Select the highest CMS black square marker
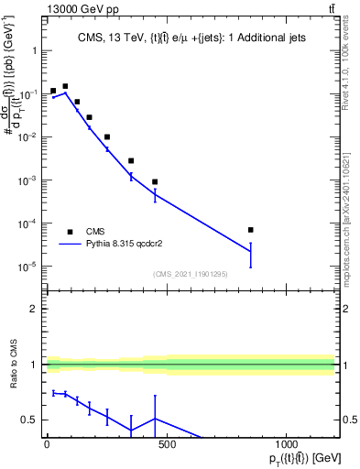coord(65,86)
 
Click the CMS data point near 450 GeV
coord(155,181)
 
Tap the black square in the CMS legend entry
coord(70,232)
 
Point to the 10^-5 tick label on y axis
coord(27,267)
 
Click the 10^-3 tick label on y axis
coord(27,180)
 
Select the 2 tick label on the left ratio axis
coord(36,309)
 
